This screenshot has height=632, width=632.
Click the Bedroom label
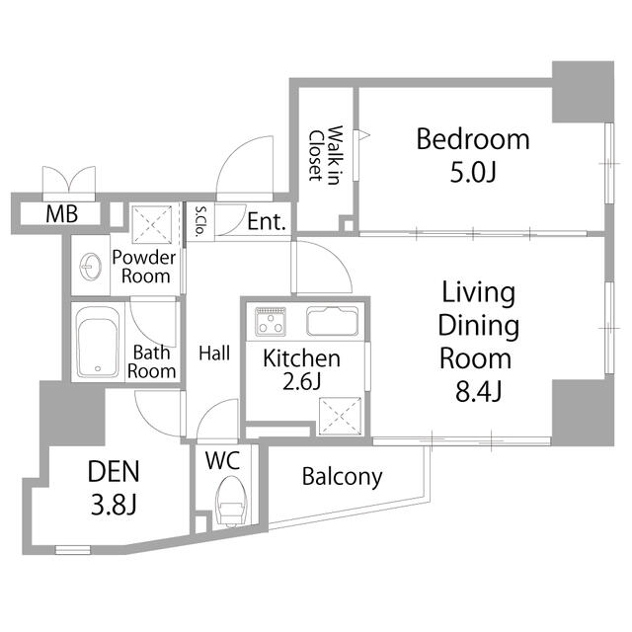472,139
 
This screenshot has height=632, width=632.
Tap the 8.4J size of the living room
478,391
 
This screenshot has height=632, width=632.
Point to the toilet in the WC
230,501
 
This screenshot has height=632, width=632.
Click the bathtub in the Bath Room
98,342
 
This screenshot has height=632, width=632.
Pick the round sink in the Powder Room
90,266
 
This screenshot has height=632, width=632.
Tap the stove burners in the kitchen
271,322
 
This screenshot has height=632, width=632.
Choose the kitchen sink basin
333,321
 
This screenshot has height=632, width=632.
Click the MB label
61,214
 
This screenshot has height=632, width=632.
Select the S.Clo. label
199,221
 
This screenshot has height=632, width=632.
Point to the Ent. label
267,221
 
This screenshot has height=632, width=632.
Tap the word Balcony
342,477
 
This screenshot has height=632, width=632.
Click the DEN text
114,471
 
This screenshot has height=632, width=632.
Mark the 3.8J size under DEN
114,505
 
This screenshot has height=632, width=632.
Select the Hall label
214,354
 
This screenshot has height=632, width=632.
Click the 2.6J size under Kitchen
301,381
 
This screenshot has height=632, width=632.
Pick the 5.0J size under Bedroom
472,173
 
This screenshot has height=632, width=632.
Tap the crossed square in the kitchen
340,417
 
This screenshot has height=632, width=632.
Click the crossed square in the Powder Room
152,224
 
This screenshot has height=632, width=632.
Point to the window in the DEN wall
73,549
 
